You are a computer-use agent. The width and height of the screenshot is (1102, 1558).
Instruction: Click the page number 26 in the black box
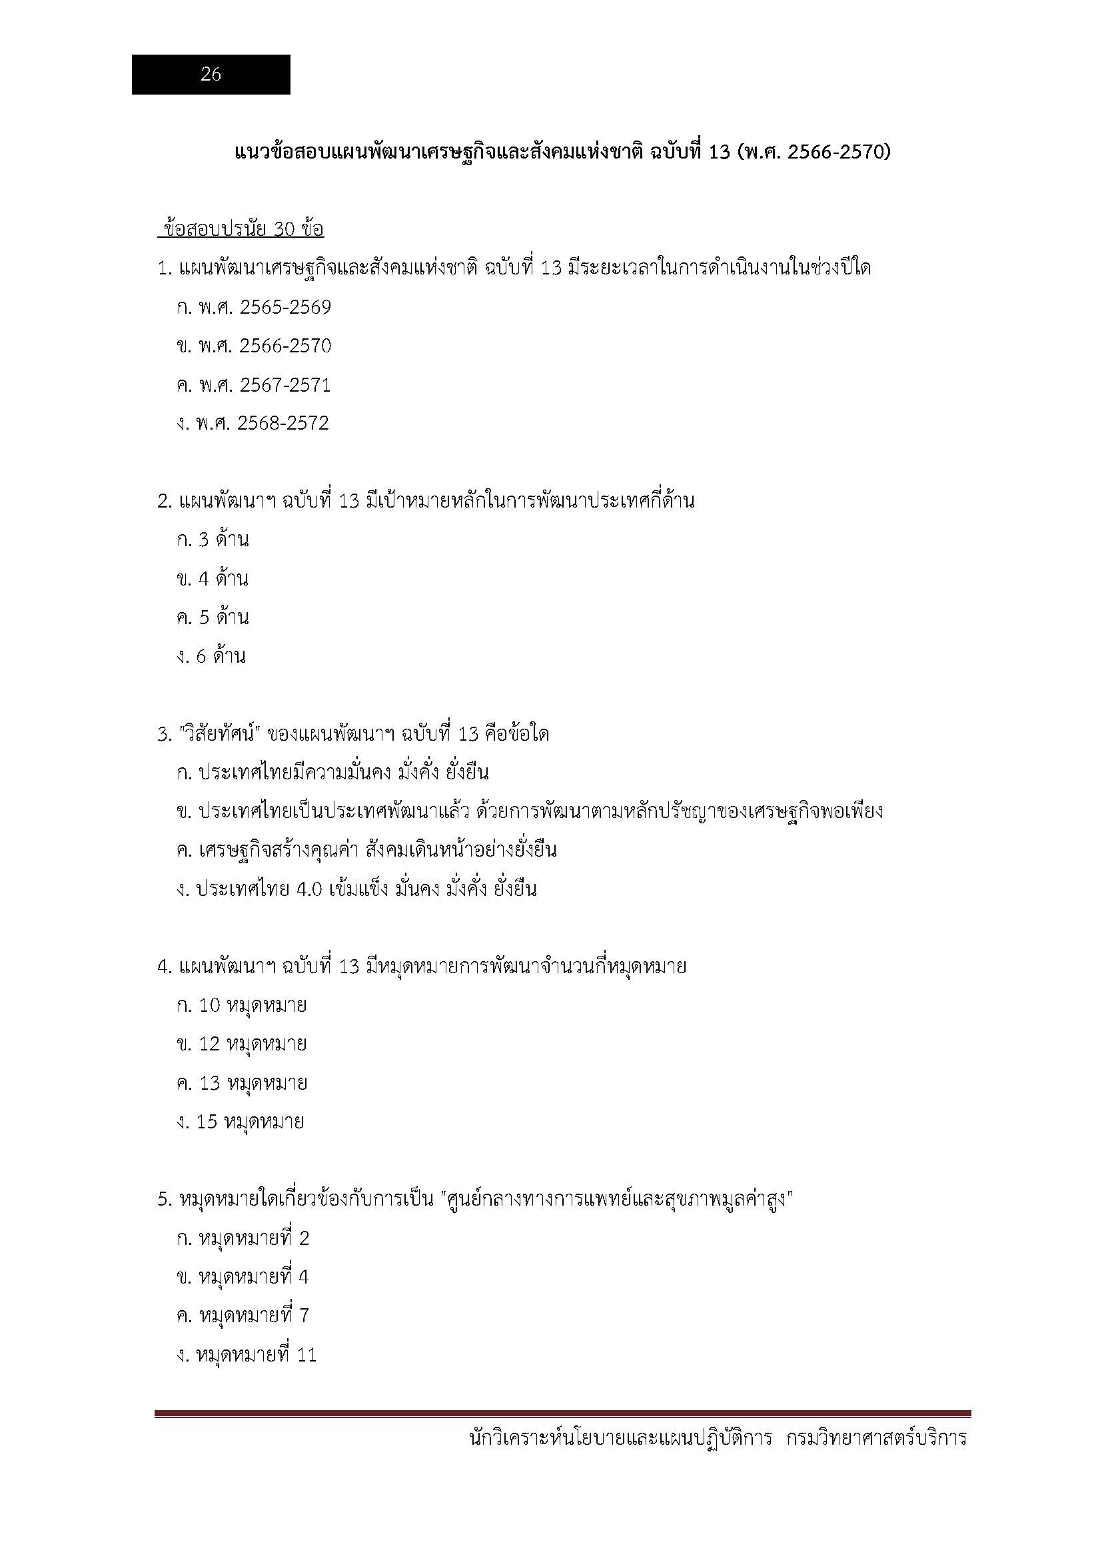coord(211,75)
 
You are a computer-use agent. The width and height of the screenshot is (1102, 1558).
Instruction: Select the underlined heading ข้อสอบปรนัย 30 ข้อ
coord(241,229)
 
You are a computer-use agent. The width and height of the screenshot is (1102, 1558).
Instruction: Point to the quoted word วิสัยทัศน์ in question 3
coord(220,734)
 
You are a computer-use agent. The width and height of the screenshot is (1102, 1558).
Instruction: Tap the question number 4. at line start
coord(164,967)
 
